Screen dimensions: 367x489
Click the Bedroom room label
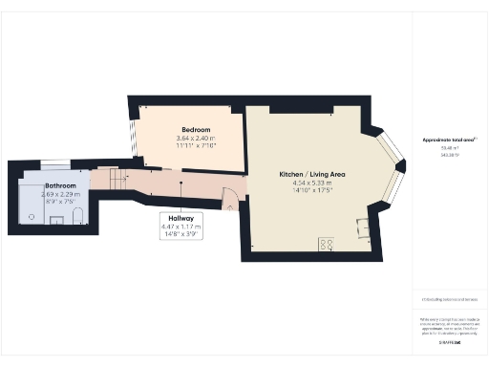click(196, 129)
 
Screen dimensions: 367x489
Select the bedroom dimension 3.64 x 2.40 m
click(196, 139)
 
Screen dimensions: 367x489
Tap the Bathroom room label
click(60, 186)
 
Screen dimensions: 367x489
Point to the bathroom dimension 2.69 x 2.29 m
click(60, 195)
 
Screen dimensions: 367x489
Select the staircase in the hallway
click(114, 179)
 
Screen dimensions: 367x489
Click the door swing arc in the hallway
click(229, 198)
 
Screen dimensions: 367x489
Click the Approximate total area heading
click(449, 140)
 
